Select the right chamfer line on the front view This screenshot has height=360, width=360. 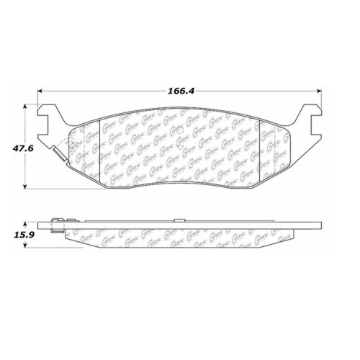pos(261,148)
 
